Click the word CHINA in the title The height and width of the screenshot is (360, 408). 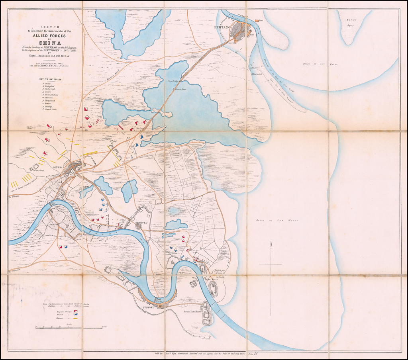(x=50, y=43)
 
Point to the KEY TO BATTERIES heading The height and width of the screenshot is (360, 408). (x=51, y=79)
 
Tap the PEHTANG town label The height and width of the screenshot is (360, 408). (x=222, y=27)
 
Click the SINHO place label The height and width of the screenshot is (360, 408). (x=57, y=167)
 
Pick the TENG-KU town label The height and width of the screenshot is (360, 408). (x=142, y=222)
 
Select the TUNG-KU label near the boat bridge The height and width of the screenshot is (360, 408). (x=149, y=307)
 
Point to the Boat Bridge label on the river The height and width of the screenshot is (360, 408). (x=158, y=299)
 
